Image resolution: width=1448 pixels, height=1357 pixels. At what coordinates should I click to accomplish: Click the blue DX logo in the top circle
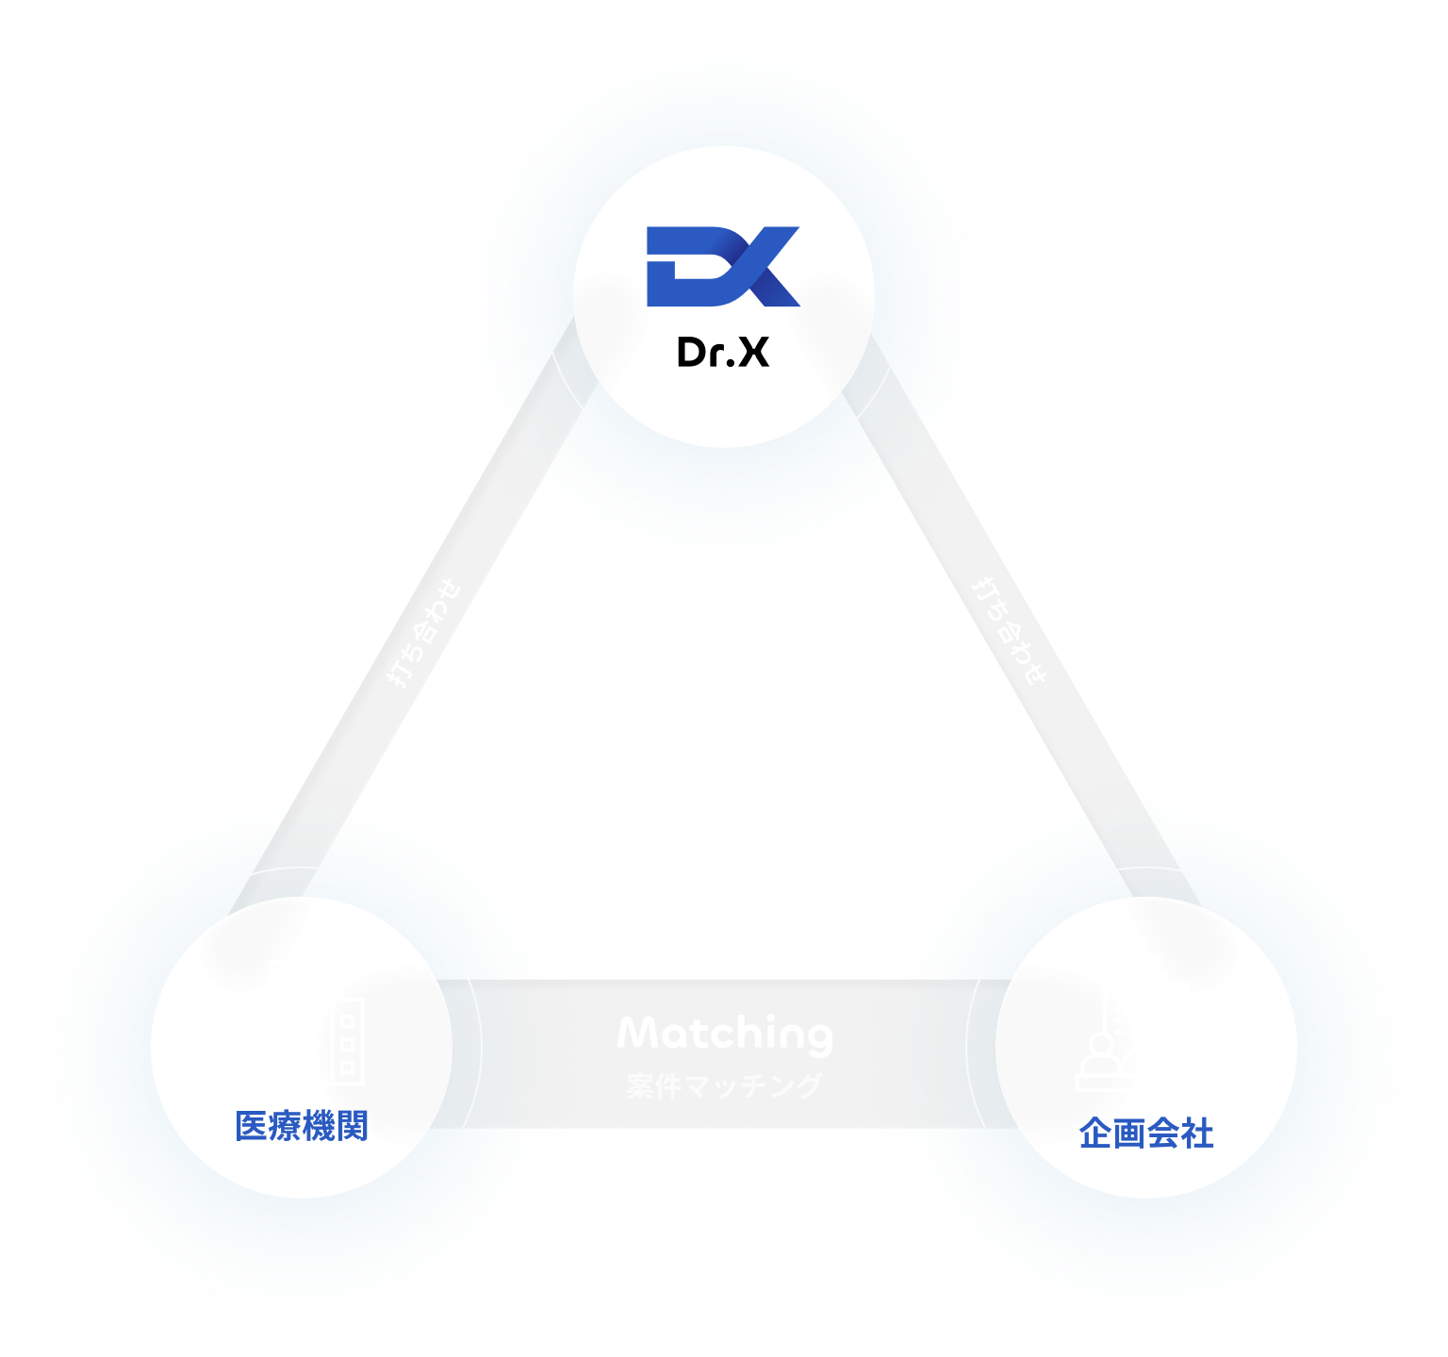(723, 266)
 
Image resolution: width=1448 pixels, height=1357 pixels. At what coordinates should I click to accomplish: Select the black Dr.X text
(723, 353)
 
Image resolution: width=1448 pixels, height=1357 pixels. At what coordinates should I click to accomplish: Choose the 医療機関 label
(302, 1126)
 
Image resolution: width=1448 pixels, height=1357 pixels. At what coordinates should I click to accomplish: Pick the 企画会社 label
(1145, 1133)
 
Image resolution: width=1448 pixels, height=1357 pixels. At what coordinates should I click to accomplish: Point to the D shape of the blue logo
(681, 267)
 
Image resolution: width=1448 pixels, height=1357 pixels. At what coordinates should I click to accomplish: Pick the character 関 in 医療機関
(352, 1126)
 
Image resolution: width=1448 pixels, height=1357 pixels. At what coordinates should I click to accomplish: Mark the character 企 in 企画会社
(1095, 1133)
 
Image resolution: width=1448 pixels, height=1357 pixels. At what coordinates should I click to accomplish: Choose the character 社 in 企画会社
(1196, 1133)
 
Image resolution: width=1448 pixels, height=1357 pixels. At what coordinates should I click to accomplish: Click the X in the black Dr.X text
(752, 353)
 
